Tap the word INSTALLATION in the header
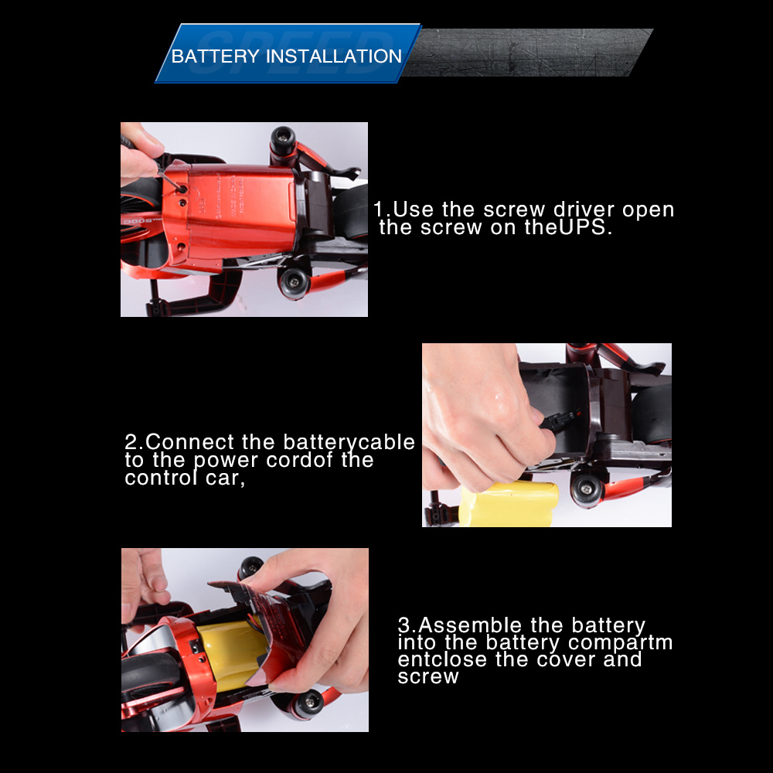334,56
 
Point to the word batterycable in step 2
349,442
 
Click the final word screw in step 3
428,676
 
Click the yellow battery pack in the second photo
509,504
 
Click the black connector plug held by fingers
558,421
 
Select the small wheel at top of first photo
283,139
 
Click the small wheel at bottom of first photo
294,282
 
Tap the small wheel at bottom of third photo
308,703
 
